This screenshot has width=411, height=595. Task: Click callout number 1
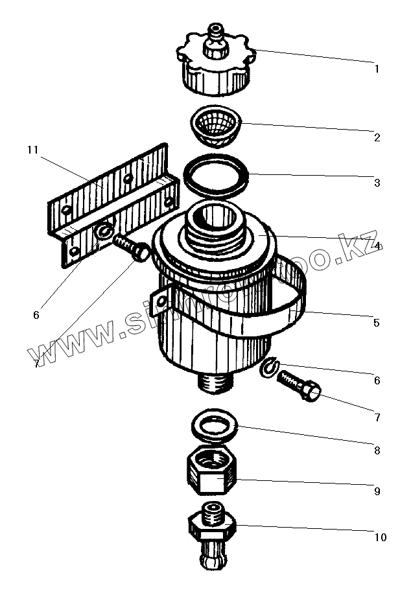377,68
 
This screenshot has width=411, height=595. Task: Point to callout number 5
375,322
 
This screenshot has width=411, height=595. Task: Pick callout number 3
377,183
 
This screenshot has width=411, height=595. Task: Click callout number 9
377,491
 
